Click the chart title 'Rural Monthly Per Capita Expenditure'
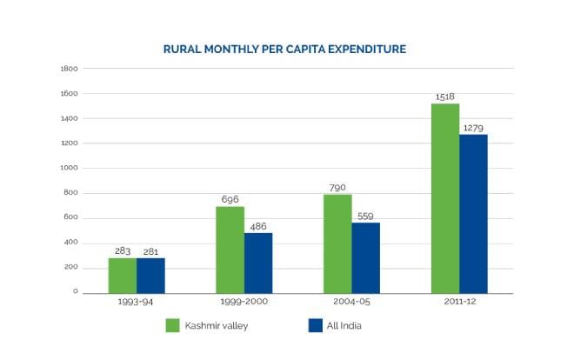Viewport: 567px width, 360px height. pyautogui.click(x=284, y=50)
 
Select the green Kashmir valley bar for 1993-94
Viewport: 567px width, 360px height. pyautogui.click(x=123, y=275)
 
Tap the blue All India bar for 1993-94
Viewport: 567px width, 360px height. pyautogui.click(x=150, y=275)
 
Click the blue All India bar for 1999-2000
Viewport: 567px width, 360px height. pyautogui.click(x=258, y=263)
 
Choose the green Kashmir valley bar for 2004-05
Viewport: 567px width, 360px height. pyautogui.click(x=337, y=243)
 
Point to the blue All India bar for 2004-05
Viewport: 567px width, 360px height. pyautogui.click(x=365, y=258)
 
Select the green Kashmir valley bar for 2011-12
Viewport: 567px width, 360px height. pyautogui.click(x=445, y=198)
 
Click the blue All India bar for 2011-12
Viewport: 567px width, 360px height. pyautogui.click(x=473, y=213)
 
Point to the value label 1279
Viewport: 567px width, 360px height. pyautogui.click(x=474, y=127)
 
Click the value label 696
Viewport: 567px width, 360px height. pyautogui.click(x=230, y=199)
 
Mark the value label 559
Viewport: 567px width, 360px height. pyautogui.click(x=365, y=217)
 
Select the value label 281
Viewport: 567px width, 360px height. pyautogui.click(x=150, y=251)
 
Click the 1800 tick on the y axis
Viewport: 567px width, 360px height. pyautogui.click(x=70, y=69)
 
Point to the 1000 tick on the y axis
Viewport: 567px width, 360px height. pyautogui.click(x=70, y=168)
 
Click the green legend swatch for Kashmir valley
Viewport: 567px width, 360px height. pyautogui.click(x=173, y=326)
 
